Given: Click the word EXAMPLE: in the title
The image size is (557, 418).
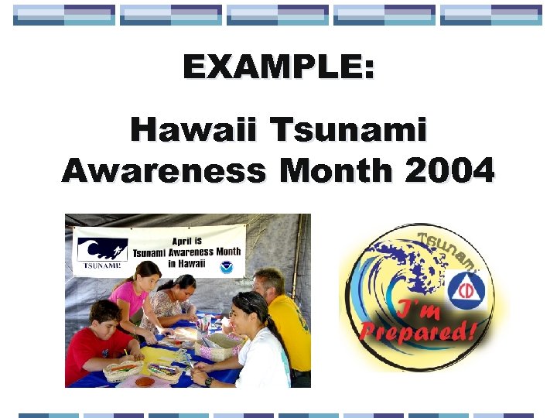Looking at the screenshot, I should coord(278,67).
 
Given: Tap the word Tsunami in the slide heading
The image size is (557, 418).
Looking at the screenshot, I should coord(348,129).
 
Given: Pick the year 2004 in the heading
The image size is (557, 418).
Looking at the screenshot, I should coord(449,170).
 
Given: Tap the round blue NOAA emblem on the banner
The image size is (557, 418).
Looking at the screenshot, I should coord(226,267).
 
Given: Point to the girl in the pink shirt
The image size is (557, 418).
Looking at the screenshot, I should coord(132,294).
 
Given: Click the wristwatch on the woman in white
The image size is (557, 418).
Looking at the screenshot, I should coord(209,381).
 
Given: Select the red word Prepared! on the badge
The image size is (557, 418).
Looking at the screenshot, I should coord(419,332).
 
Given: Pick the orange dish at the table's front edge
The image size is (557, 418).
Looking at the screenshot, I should coord(144,381).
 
